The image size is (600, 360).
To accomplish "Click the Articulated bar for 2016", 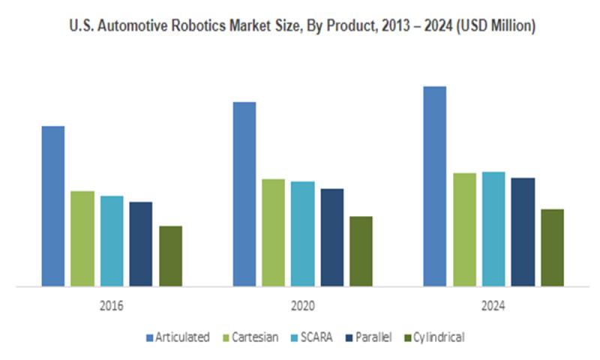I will tap(53, 206).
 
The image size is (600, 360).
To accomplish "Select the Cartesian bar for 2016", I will tap(82, 238).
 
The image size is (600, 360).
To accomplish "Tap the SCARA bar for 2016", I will tap(112, 241).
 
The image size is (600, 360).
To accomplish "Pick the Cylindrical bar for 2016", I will tap(170, 256).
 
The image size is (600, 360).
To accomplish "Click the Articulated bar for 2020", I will tap(244, 193).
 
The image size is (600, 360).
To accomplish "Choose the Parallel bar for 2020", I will tap(332, 237).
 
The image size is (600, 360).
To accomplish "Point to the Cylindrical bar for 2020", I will tap(361, 251).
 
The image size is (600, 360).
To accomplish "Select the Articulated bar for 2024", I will tap(435, 186).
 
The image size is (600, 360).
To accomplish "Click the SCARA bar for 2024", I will tap(493, 229).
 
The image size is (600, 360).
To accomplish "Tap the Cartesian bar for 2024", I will tap(464, 229).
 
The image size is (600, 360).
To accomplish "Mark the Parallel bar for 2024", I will tap(523, 232).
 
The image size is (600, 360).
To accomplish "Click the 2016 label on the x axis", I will tap(112, 307).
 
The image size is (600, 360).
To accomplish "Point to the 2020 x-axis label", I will tap(303, 307).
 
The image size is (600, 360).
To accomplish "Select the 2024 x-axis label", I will tap(493, 307).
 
